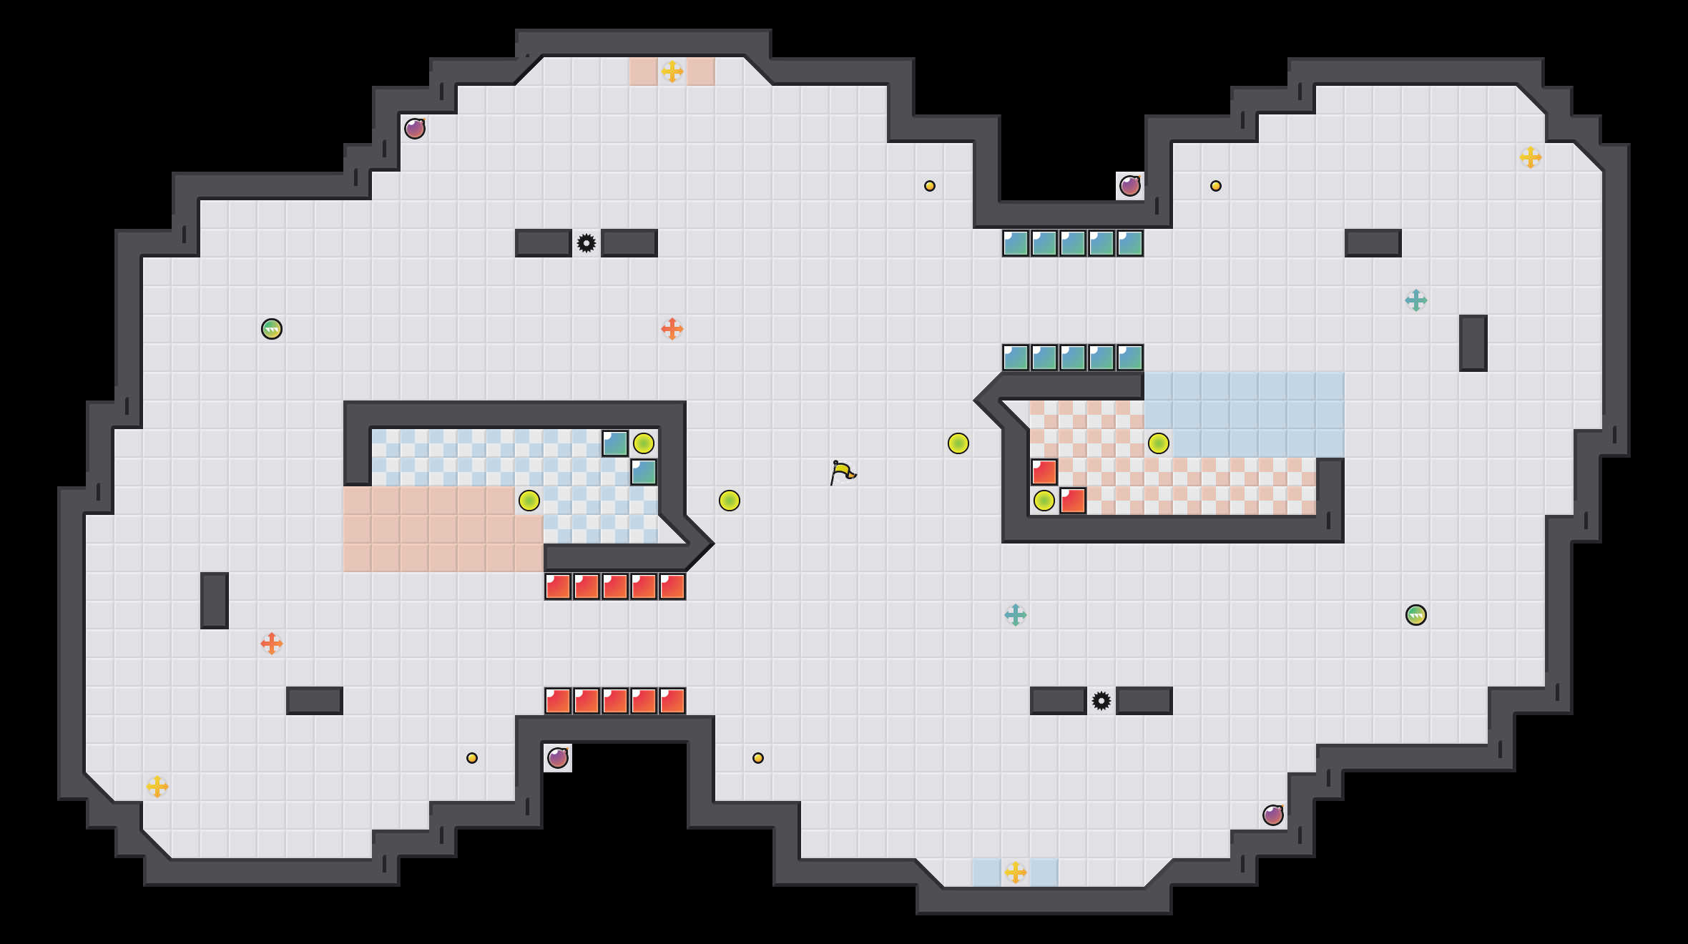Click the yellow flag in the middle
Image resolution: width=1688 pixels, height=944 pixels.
pyautogui.click(x=842, y=472)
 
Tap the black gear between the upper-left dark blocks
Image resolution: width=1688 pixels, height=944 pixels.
pyautogui.click(x=587, y=243)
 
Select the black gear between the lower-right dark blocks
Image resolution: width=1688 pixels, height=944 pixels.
pyautogui.click(x=1101, y=701)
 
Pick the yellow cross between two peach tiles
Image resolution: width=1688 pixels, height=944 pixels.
pyautogui.click(x=672, y=72)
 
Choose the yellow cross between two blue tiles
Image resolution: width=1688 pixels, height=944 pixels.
pyautogui.click(x=1016, y=872)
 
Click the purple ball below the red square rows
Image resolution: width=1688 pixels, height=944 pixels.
pyautogui.click(x=558, y=758)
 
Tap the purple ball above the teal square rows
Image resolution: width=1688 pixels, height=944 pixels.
pyautogui.click(x=1130, y=186)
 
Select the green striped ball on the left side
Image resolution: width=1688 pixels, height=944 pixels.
pyautogui.click(x=272, y=329)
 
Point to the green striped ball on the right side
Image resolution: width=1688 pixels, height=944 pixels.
pyautogui.click(x=1416, y=615)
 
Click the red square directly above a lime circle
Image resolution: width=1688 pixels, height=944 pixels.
pyautogui.click(x=1044, y=472)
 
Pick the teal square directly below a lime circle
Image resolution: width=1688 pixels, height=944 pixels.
pyautogui.click(x=644, y=472)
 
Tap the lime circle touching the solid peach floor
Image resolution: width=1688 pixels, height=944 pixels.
pyautogui.click(x=529, y=501)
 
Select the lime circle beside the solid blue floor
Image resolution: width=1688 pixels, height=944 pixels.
pyautogui.click(x=1159, y=443)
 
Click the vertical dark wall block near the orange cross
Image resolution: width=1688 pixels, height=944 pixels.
pyautogui.click(x=215, y=601)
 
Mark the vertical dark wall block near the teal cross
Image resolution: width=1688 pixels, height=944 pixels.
pyautogui.click(x=1473, y=343)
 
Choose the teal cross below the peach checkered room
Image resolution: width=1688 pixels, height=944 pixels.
pyautogui.click(x=1016, y=615)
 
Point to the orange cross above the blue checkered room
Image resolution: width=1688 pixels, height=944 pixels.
pyautogui.click(x=672, y=329)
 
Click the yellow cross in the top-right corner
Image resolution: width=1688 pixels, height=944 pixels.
pyautogui.click(x=1531, y=157)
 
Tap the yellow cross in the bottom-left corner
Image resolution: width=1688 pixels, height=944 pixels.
pyautogui.click(x=157, y=787)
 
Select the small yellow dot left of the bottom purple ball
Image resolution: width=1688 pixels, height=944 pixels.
pyautogui.click(x=472, y=758)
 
